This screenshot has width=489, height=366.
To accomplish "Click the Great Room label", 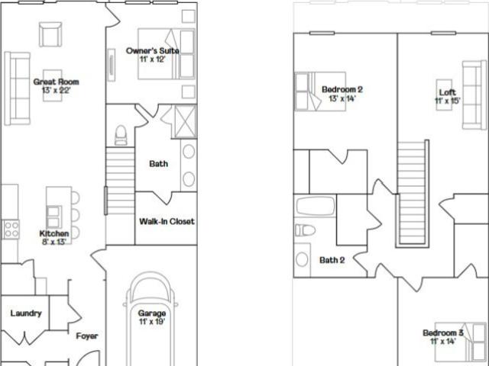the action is click(56, 82).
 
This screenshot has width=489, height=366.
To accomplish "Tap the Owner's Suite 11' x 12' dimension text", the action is click(152, 59).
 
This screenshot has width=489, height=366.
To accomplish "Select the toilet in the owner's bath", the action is click(121, 136).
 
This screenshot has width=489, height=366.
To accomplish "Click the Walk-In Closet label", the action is click(167, 222).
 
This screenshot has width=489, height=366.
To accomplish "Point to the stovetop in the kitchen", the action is click(11, 230).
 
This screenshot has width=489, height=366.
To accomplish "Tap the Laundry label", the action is click(26, 313).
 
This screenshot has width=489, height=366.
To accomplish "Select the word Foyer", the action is click(87, 336).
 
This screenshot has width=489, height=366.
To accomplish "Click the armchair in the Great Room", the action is click(50, 34).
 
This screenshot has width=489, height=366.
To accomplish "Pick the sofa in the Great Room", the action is click(18, 88).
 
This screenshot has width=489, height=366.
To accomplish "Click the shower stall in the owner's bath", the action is click(185, 121).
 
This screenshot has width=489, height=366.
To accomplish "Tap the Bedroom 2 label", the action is click(342, 90).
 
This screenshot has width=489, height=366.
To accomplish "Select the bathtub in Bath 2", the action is click(316, 206).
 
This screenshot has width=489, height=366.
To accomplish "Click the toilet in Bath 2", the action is click(305, 230).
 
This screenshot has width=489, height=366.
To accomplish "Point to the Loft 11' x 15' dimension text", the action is click(448, 101).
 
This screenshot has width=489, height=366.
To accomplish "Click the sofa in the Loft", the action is click(474, 95).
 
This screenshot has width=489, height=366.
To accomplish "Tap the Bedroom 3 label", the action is click(443, 333).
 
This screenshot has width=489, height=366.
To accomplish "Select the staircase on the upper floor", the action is click(413, 193).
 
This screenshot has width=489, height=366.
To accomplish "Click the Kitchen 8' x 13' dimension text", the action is click(54, 242).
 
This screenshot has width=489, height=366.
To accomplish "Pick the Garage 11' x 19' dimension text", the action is click(152, 322).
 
